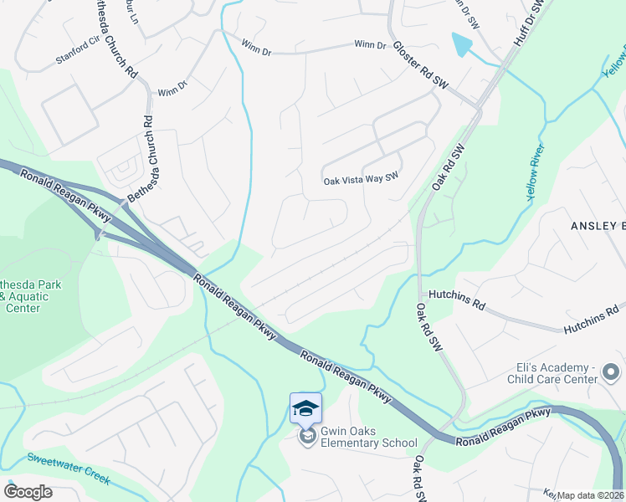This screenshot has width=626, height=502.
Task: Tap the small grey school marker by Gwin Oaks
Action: [307, 437]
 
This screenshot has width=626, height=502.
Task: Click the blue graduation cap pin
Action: [305, 408]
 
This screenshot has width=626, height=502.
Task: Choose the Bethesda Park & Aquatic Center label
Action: [30, 296]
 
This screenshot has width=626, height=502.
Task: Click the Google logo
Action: [28, 492]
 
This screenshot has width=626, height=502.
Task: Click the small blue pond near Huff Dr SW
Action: [461, 44]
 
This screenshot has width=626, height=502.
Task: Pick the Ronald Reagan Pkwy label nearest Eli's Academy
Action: [503, 415]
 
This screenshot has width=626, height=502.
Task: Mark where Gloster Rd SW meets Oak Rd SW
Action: [478, 108]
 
